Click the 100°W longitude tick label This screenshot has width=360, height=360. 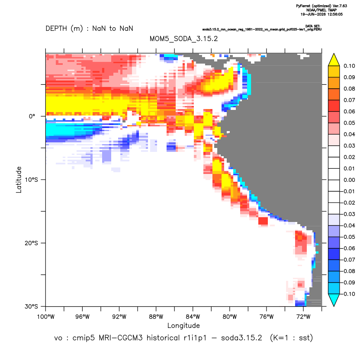[x=46, y=317]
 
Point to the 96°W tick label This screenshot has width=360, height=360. [x=82, y=317]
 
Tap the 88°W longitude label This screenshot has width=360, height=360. [x=156, y=317]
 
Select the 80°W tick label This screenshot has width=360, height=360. [x=230, y=317]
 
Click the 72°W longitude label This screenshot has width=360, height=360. [x=303, y=317]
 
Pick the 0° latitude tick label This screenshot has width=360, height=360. [x=32, y=116]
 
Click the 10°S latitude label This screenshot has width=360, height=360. [x=31, y=180]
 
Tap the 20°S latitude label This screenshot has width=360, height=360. [x=31, y=243]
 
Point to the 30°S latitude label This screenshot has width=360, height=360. [x=31, y=306]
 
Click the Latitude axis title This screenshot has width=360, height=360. [x=19, y=180]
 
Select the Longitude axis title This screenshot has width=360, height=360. [x=183, y=325]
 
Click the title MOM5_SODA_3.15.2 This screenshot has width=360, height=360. [x=183, y=39]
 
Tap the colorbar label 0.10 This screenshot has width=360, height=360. [x=349, y=66]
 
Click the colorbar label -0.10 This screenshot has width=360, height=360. [x=348, y=294]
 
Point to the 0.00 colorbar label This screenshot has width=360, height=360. [x=349, y=180]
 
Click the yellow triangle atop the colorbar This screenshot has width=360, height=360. [x=334, y=60]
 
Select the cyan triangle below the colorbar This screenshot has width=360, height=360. [x=334, y=300]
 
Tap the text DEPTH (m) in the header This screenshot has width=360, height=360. [x=64, y=29]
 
